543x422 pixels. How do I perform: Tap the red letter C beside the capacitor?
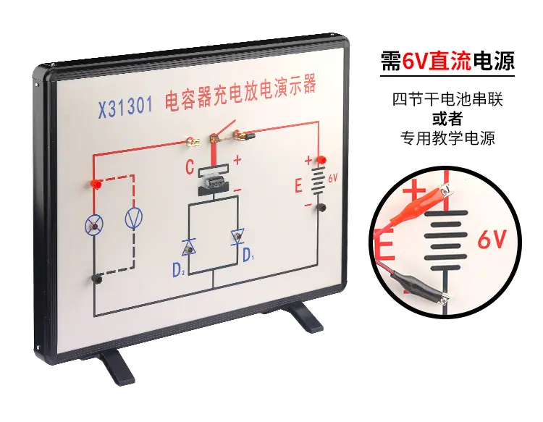click(x=190, y=166)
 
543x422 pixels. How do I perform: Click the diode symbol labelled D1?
click(x=237, y=237)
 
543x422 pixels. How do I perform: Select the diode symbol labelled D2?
click(x=189, y=247)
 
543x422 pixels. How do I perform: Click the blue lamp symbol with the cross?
click(x=94, y=225)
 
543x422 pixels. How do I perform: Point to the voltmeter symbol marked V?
click(x=133, y=218)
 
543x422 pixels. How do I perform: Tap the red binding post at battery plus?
click(x=321, y=160)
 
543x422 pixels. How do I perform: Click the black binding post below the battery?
click(x=321, y=207)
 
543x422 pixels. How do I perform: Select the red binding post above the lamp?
click(x=96, y=184)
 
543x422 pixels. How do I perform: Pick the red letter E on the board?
click(x=298, y=185)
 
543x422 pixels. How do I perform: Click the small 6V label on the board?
click(x=333, y=178)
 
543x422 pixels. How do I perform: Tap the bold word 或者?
click(x=447, y=119)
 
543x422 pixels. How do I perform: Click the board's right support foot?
click(x=305, y=316)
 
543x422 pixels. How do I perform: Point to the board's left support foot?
click(x=117, y=367)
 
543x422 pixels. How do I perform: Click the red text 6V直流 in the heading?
click(x=437, y=62)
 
